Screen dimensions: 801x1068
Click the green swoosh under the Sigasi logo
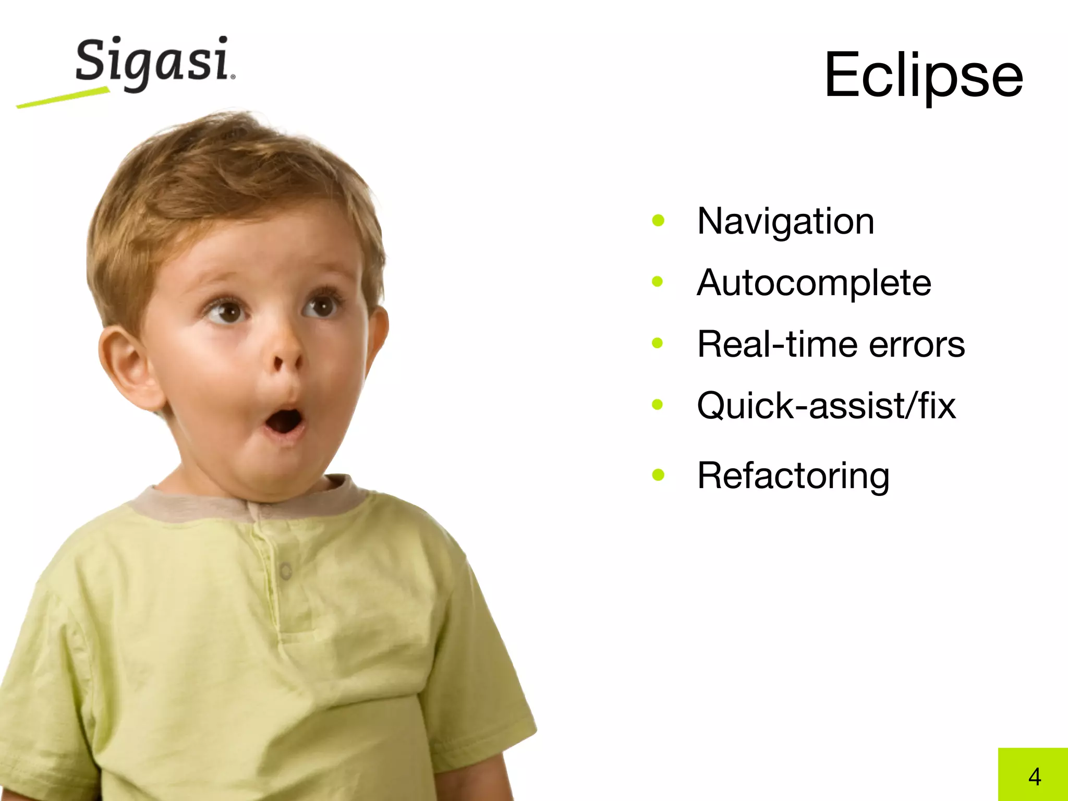coord(63,98)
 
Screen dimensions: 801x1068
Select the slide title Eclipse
coord(924,76)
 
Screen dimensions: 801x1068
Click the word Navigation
coord(785,222)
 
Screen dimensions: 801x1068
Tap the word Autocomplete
coord(814,283)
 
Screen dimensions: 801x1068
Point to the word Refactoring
coord(793,476)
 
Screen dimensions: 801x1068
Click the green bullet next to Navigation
coord(658,221)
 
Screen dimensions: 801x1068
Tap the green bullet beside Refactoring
coord(658,475)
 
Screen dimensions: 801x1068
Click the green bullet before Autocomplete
coord(658,282)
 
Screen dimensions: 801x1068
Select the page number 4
coord(1035,776)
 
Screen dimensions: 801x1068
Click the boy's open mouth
coord(284,420)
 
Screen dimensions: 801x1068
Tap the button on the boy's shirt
coord(285,571)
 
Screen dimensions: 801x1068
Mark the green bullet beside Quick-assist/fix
coord(658,405)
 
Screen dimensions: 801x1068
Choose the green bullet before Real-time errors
coord(658,343)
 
